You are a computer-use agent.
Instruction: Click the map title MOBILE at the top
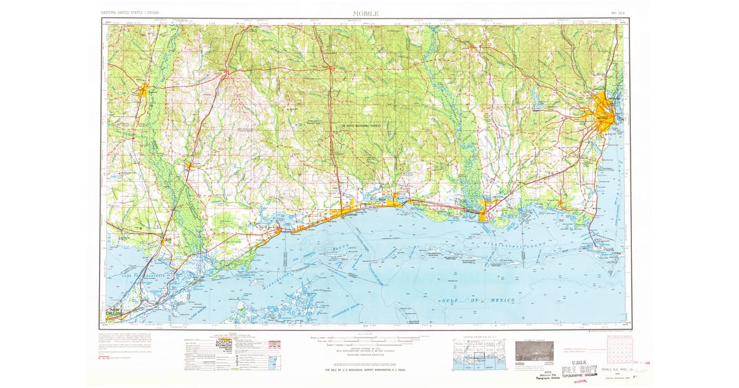click(x=366, y=13)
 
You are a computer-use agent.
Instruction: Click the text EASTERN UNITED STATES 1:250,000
click(x=130, y=13)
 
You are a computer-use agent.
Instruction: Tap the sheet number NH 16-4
click(x=617, y=13)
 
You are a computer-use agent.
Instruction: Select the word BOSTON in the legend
click(x=224, y=342)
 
